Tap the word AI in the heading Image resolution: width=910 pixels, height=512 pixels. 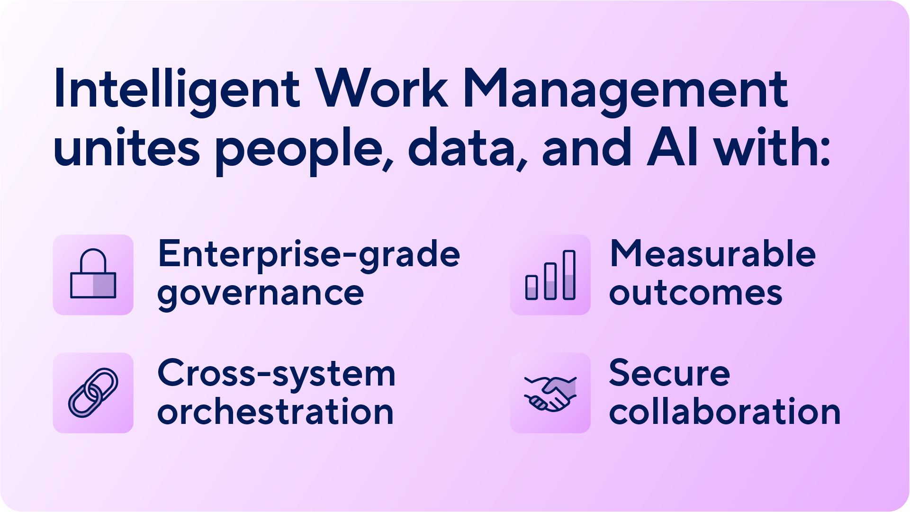pyautogui.click(x=672, y=148)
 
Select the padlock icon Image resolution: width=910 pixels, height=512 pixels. pyautogui.click(x=93, y=275)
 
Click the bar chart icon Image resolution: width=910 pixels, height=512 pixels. pyautogui.click(x=550, y=275)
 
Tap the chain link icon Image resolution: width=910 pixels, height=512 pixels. pyautogui.click(x=93, y=393)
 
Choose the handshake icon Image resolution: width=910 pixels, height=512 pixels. pyautogui.click(x=550, y=393)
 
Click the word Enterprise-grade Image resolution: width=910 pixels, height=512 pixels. pyautogui.click(x=309, y=255)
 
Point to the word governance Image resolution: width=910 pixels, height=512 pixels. pyautogui.click(x=261, y=294)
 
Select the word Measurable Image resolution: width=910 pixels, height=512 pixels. pyautogui.click(x=712, y=254)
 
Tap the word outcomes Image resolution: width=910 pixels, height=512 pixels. pyautogui.click(x=695, y=293)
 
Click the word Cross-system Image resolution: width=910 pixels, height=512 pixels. pyautogui.click(x=276, y=374)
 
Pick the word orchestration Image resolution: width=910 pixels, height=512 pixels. pyautogui.click(x=275, y=412)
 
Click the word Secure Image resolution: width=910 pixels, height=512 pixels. pyautogui.click(x=669, y=373)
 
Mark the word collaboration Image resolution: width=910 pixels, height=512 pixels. pyautogui.click(x=725, y=412)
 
